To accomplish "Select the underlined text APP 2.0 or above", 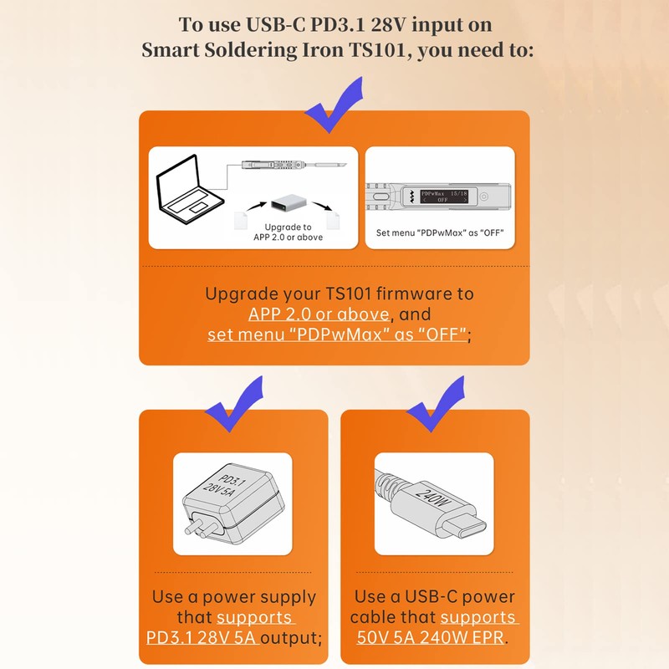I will click(x=319, y=314).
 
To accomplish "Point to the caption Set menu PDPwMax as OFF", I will click(x=440, y=233).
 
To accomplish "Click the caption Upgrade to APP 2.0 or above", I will click(x=288, y=232).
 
